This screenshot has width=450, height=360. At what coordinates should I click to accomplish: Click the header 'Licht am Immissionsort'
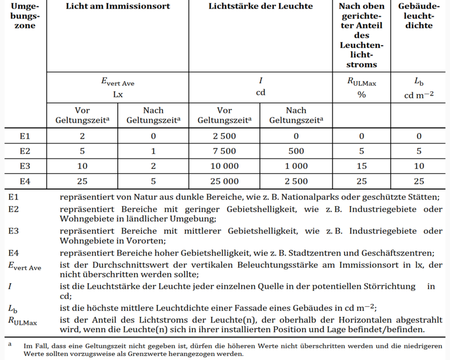click(x=118, y=7)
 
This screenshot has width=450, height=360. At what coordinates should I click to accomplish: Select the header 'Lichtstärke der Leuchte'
click(x=261, y=7)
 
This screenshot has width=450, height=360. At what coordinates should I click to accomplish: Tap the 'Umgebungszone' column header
click(x=23, y=16)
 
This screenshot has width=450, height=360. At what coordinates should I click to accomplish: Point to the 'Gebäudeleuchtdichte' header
click(x=419, y=16)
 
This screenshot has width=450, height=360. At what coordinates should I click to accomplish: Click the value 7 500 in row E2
click(x=224, y=151)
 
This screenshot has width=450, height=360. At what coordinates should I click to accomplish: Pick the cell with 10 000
click(x=224, y=166)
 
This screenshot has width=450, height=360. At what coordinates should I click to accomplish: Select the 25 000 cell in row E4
click(x=224, y=181)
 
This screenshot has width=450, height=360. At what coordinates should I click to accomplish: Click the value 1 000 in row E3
click(x=296, y=166)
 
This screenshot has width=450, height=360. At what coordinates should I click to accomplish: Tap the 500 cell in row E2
click(x=296, y=151)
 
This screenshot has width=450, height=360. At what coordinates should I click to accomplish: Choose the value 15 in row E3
click(x=361, y=166)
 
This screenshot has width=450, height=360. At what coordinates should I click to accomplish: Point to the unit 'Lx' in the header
click(x=118, y=94)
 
